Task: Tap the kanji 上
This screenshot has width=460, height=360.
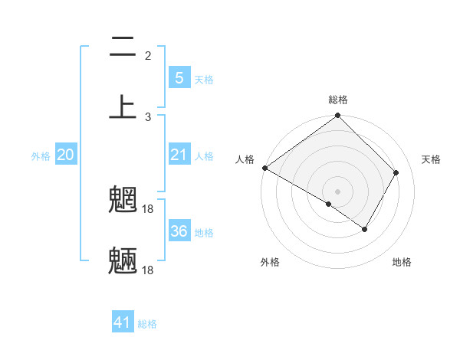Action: [x=123, y=106]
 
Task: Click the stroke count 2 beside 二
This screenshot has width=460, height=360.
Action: [x=148, y=55]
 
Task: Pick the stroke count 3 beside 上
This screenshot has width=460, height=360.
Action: [x=148, y=116]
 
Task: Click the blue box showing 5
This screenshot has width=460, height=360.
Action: [x=179, y=77]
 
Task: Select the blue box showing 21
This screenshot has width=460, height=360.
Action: [x=179, y=155]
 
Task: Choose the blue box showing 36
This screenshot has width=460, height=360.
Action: [x=179, y=231]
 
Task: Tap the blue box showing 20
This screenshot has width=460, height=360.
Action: [x=66, y=155]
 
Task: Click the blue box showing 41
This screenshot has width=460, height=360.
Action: [x=123, y=322]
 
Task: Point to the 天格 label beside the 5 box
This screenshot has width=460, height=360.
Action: [x=204, y=80]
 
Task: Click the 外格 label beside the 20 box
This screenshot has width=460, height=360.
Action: [x=41, y=156]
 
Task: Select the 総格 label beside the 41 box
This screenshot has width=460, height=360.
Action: [x=147, y=324]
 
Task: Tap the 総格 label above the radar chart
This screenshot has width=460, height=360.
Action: [x=338, y=100]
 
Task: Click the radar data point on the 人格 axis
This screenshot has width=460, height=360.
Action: [x=264, y=168]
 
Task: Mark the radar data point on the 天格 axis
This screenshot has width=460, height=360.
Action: [x=396, y=172]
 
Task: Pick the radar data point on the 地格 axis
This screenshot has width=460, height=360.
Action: [x=365, y=229]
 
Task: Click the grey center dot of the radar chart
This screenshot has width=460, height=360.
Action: [x=338, y=191]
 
